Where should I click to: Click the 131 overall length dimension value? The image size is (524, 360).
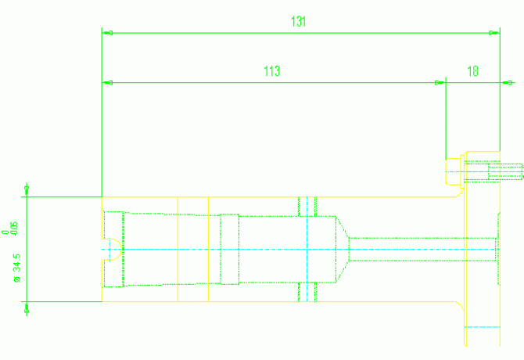[x=298, y=22]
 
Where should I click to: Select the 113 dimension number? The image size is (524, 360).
[x=271, y=71]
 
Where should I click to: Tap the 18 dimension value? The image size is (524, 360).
[x=472, y=71]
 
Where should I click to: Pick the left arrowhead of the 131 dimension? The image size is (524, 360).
[x=108, y=33]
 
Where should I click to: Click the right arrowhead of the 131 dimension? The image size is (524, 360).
[x=493, y=33]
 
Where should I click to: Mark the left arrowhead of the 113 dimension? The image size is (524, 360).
[x=108, y=82]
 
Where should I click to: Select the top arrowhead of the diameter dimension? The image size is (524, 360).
[x=27, y=190]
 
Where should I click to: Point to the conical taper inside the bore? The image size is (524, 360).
[x=343, y=249]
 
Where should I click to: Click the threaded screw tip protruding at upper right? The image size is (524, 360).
[x=505, y=171]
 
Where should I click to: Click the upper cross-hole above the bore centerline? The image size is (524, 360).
[x=307, y=206]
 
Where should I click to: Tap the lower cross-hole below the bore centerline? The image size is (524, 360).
[x=307, y=291]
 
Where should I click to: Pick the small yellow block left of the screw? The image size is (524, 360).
[x=454, y=171]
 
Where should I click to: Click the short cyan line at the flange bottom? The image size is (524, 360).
[x=482, y=326]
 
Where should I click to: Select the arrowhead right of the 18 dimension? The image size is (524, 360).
[x=508, y=82]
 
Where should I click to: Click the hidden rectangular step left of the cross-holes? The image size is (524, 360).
[x=229, y=249]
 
